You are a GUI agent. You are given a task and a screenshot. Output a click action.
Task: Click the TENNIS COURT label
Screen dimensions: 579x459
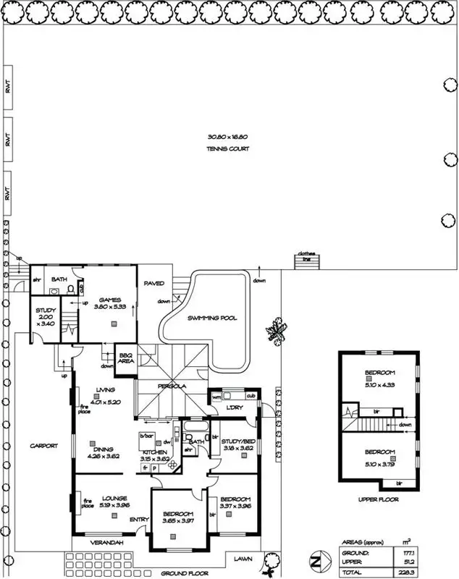click(228, 149)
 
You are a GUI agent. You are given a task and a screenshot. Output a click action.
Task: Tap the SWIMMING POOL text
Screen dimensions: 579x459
click(212, 318)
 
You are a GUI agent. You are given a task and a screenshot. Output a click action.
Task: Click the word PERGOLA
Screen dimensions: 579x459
click(173, 386)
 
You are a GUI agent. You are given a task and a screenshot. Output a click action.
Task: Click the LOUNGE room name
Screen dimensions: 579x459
click(114, 498)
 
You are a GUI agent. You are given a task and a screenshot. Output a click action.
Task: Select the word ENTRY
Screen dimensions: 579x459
click(139, 520)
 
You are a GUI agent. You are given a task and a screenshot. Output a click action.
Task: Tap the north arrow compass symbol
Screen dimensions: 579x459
click(316, 562)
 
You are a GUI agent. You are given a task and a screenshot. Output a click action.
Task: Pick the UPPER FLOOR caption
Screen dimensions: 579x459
click(379, 499)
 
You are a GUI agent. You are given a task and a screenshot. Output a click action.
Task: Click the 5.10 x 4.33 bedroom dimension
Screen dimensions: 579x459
click(379, 384)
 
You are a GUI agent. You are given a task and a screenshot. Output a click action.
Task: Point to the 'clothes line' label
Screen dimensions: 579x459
click(306, 255)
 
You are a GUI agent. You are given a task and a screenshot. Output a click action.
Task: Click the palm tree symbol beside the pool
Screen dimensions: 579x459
click(276, 332)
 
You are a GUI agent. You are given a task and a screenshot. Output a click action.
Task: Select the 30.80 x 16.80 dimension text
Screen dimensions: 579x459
click(228, 137)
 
